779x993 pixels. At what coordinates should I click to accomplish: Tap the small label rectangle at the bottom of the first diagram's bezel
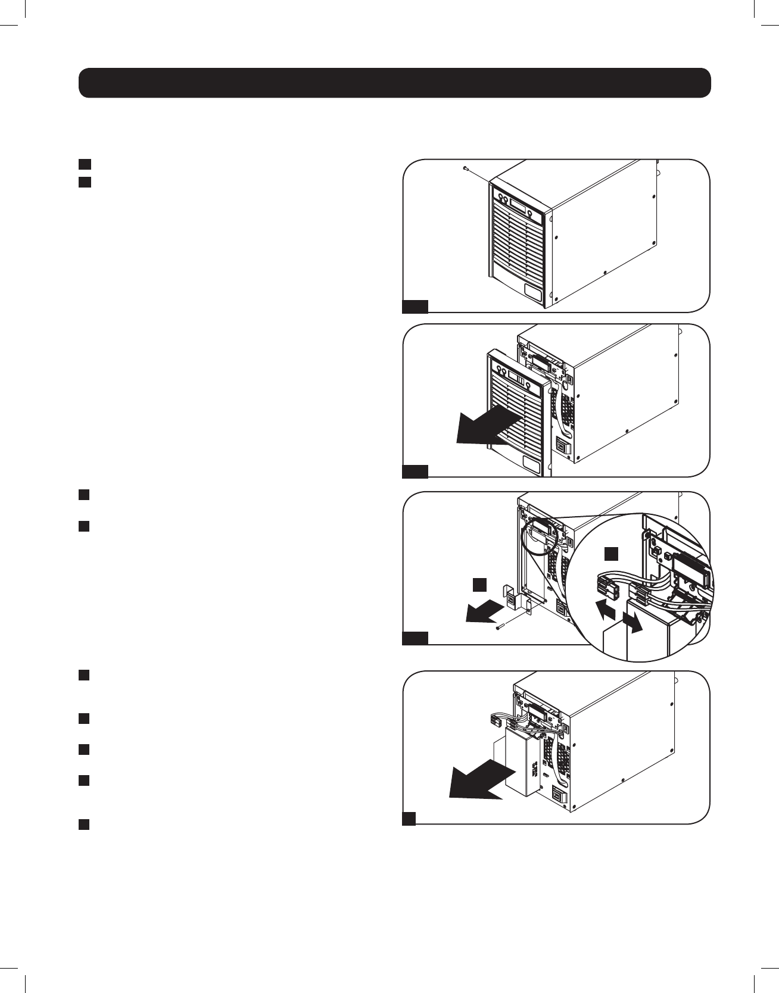(x=533, y=292)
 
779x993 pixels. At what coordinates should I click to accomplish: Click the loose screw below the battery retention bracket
(x=499, y=626)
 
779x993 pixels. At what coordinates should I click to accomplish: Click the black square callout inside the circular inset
(x=612, y=554)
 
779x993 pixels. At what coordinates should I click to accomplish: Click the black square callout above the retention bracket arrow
(x=480, y=583)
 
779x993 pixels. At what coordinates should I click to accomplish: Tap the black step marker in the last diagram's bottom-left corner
(x=409, y=819)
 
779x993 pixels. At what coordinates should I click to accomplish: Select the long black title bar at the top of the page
(x=395, y=83)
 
